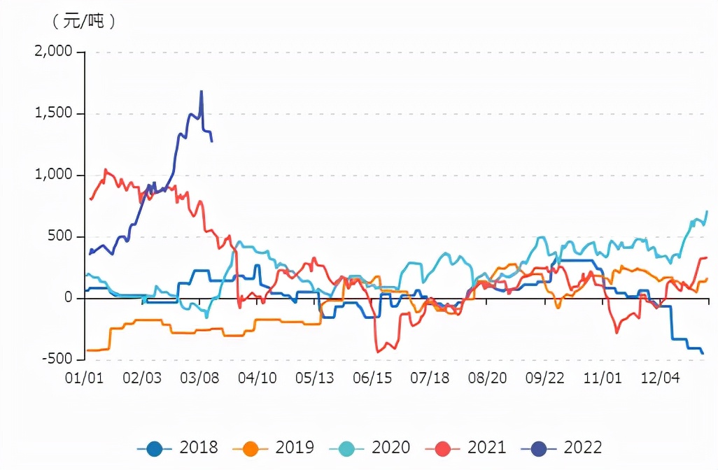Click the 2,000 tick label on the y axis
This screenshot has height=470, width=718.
[52, 52]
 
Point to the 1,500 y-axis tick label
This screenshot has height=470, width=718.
[53, 113]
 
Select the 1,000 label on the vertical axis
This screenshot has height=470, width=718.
[53, 175]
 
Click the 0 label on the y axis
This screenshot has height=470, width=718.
[69, 298]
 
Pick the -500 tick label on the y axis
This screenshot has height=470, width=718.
[57, 359]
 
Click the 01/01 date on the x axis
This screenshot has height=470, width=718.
[85, 378]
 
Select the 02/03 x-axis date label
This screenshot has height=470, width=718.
[142, 378]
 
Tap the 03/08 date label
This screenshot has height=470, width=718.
[200, 378]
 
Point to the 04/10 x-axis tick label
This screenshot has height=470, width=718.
[258, 378]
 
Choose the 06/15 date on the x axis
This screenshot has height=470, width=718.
[372, 378]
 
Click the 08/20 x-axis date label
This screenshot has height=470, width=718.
[488, 378]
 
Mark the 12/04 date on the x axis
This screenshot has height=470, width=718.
[661, 378]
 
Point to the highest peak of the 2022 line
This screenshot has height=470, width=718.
[202, 91]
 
